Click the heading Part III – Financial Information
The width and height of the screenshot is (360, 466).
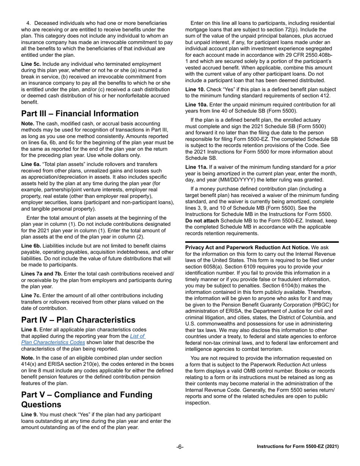(x=80, y=114)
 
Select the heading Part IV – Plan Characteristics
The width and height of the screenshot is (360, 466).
(x=78, y=320)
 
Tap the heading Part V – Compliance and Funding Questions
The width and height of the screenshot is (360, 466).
(x=87, y=399)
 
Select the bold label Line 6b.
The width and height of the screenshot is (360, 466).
(x=31, y=246)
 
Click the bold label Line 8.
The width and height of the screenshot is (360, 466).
(x=29, y=330)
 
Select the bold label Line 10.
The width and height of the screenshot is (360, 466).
(x=195, y=89)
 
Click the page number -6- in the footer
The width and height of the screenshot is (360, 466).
(x=180, y=447)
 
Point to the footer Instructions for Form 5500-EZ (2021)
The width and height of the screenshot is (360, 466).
(x=297, y=447)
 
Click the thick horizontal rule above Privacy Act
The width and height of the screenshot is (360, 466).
(x=262, y=242)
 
